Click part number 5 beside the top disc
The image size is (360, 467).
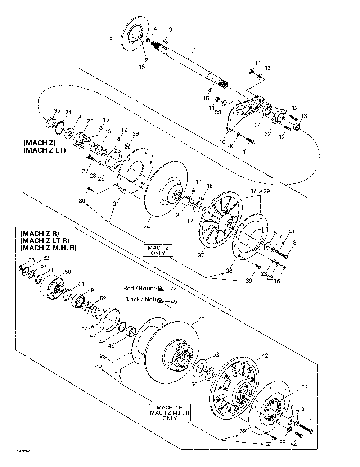point(111,37)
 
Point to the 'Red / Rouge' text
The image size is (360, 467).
point(140,289)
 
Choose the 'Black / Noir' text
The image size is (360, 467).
point(141,299)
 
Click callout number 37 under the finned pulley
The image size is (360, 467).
point(201,255)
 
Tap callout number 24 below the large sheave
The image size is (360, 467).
point(147,226)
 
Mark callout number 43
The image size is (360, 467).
point(201,319)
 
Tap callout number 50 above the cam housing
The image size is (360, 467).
point(67,272)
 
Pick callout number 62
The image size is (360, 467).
point(305,387)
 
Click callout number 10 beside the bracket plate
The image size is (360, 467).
point(222,142)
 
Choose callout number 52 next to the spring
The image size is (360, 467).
point(103,298)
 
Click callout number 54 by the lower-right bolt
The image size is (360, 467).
point(294,445)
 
